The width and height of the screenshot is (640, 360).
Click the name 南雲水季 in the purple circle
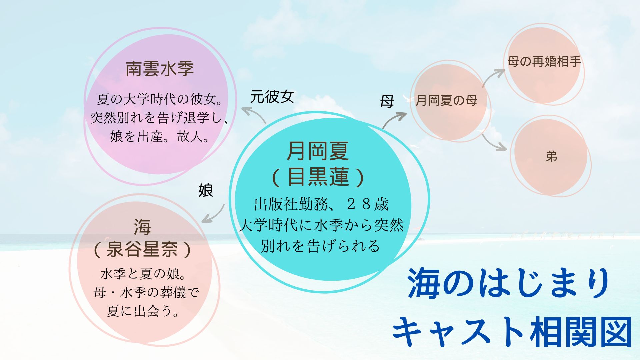(x=160, y=69)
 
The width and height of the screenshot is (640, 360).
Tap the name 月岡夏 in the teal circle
(x=318, y=151)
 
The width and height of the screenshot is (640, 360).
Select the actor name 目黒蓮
(x=318, y=177)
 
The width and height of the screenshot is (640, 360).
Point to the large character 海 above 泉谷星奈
(x=142, y=227)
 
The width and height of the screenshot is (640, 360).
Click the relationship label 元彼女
(x=272, y=97)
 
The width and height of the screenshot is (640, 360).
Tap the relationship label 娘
(x=206, y=190)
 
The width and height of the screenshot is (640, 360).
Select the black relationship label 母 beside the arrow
(x=387, y=101)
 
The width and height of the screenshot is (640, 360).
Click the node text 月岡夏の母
(x=446, y=100)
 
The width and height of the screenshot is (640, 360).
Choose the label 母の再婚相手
(x=544, y=62)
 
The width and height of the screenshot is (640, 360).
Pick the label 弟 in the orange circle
(x=552, y=156)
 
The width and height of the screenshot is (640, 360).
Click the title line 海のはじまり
(x=509, y=284)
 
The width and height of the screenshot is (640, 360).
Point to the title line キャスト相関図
(x=512, y=332)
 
